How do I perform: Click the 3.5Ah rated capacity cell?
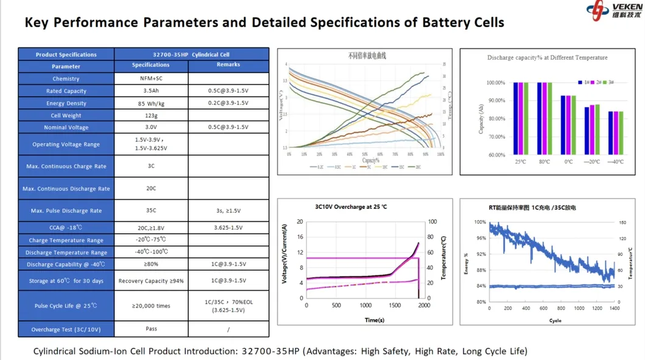151,91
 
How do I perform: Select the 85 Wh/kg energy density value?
151,104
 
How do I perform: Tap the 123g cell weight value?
151,115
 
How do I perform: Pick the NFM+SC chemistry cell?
151,79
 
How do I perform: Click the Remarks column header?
228,65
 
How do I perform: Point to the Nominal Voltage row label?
66,127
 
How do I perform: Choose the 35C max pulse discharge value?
151,211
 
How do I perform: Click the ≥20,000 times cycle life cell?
151,306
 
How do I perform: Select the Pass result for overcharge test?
151,329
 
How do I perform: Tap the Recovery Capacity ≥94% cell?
151,281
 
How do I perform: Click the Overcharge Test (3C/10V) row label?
66,330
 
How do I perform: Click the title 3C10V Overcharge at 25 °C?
351,207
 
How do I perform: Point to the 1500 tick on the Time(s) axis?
395,306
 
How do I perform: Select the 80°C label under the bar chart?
545,162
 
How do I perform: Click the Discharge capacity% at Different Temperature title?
547,58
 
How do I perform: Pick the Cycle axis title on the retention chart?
555,320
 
